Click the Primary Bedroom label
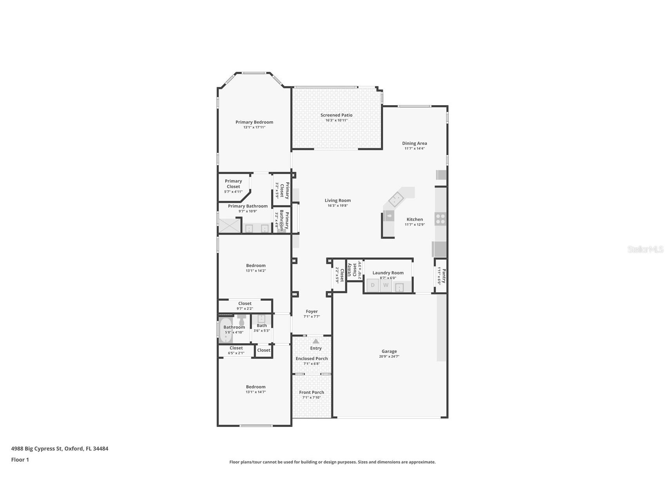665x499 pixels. tap(254, 122)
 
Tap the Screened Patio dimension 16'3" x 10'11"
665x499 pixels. tap(336, 120)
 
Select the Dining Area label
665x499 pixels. tap(414, 143)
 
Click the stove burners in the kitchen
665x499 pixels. tap(440, 219)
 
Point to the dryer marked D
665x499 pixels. tap(373, 285)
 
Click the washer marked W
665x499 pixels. tap(386, 285)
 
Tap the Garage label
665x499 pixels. tap(389, 351)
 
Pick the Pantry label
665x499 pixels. tap(444, 275)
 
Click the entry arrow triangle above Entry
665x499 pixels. tap(316, 341)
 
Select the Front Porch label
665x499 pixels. tap(312, 392)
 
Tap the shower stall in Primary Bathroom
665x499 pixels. tap(229, 226)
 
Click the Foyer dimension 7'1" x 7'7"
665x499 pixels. tap(312, 317)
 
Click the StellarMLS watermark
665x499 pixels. tap(645, 249)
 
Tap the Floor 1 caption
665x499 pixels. tap(20, 460)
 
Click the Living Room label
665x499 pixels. tap(337, 200)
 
